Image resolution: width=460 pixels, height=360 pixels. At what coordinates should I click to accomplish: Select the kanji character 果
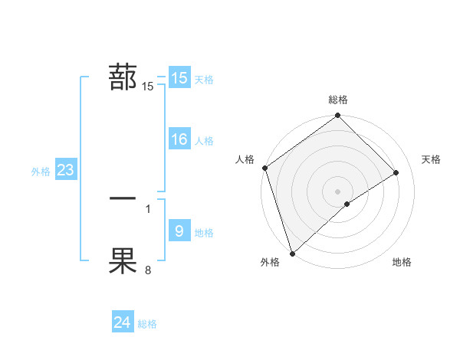tap(123, 260)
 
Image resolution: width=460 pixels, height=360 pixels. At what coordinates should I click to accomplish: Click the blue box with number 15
tap(179, 78)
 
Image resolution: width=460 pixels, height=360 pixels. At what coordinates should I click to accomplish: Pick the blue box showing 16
tap(179, 139)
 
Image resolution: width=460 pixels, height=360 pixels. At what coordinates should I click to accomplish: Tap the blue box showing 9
tap(179, 231)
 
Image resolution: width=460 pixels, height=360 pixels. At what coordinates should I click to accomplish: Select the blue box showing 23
tap(65, 170)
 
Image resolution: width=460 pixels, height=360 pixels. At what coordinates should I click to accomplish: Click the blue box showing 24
tap(122, 323)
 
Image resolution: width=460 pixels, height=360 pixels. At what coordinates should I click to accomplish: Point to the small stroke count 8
tap(148, 270)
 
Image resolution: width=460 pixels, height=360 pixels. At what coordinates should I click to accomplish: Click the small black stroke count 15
tap(148, 87)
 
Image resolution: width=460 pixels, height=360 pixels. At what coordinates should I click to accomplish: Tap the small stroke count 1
tap(148, 208)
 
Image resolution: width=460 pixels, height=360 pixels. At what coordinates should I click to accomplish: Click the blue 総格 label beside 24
tap(147, 324)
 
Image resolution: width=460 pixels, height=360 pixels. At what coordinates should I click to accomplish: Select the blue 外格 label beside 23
tap(41, 172)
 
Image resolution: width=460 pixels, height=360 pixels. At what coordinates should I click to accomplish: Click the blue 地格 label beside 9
tap(204, 233)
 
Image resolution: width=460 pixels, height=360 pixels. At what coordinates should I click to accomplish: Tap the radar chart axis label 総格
tap(338, 100)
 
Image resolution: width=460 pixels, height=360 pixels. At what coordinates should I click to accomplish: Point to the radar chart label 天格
tap(431, 159)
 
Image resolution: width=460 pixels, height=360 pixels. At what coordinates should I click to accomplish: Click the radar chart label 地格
tap(402, 262)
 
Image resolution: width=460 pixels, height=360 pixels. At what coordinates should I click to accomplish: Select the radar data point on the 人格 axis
tap(264, 168)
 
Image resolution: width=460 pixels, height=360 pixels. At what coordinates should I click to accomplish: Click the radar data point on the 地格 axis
tap(347, 204)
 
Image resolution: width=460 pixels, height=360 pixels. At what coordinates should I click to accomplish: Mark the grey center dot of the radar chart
tap(337, 191)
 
